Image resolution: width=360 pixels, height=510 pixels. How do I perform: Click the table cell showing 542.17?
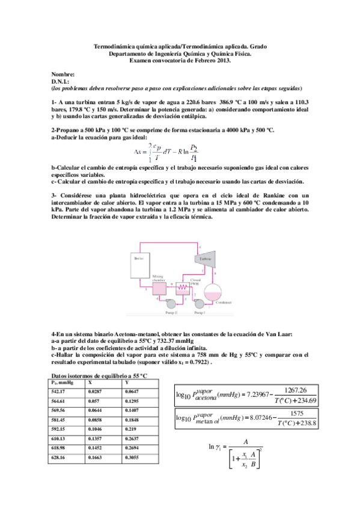pos(58,392)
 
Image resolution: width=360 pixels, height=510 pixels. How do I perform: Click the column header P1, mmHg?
pos(63,382)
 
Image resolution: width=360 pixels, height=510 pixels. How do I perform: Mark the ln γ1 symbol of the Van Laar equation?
pos(215,462)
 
